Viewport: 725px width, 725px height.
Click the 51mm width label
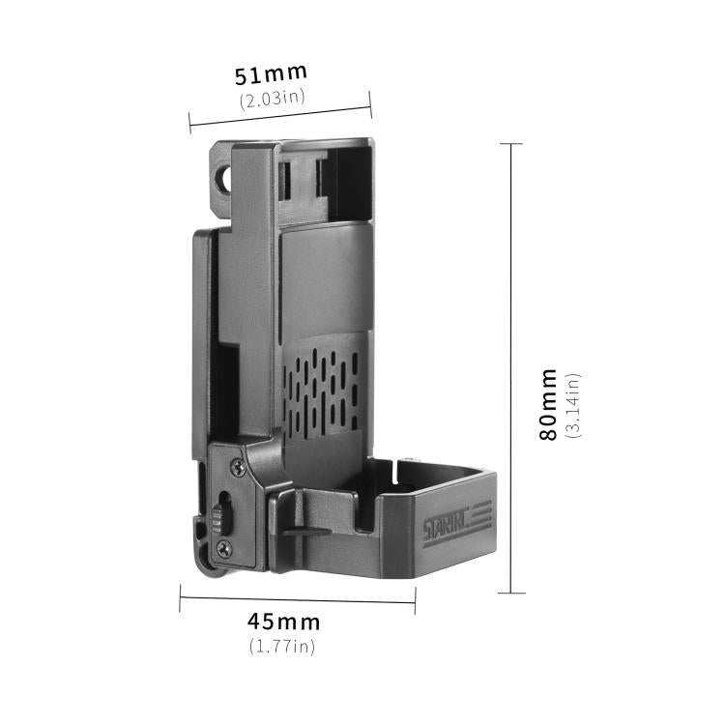(272, 73)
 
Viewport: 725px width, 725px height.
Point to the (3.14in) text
(573, 404)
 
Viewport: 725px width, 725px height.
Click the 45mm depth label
(283, 622)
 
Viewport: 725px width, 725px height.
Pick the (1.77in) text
(283, 646)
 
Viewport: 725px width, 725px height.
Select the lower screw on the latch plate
(224, 548)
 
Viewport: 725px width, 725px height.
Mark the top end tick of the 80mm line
(511, 144)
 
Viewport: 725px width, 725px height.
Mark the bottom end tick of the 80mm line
(511, 593)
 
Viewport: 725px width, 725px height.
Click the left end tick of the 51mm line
(190, 123)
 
